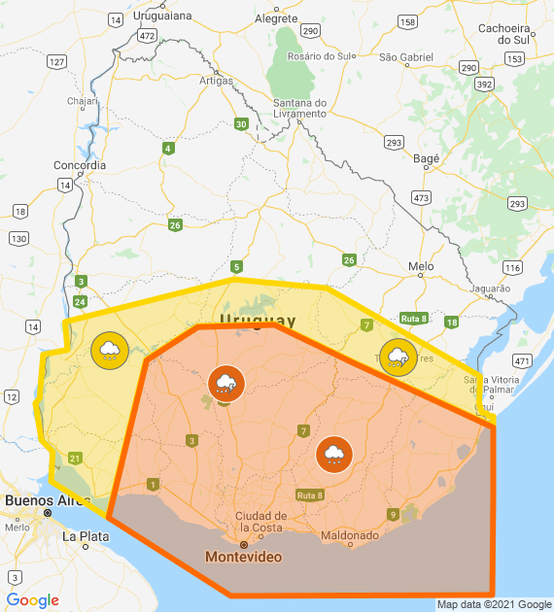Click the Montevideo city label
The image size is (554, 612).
pos(243,557)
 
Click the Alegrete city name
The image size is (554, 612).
pos(275,17)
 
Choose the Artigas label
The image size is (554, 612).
pos(217,80)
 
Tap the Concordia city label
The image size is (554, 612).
pos(80,165)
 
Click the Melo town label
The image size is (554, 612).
pos(421,265)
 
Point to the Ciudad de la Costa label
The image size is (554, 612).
pos(261,522)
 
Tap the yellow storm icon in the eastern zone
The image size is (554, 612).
pos(398,357)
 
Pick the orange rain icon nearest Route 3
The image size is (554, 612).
pos(225,384)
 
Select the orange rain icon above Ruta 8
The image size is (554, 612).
pos(333,453)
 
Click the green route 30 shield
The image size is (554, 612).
pos(241,123)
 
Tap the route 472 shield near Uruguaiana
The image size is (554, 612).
pos(147,35)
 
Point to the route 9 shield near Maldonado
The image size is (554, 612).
pos(393,514)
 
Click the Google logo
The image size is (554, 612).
pos(33,600)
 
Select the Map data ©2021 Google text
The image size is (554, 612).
pos(494,604)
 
